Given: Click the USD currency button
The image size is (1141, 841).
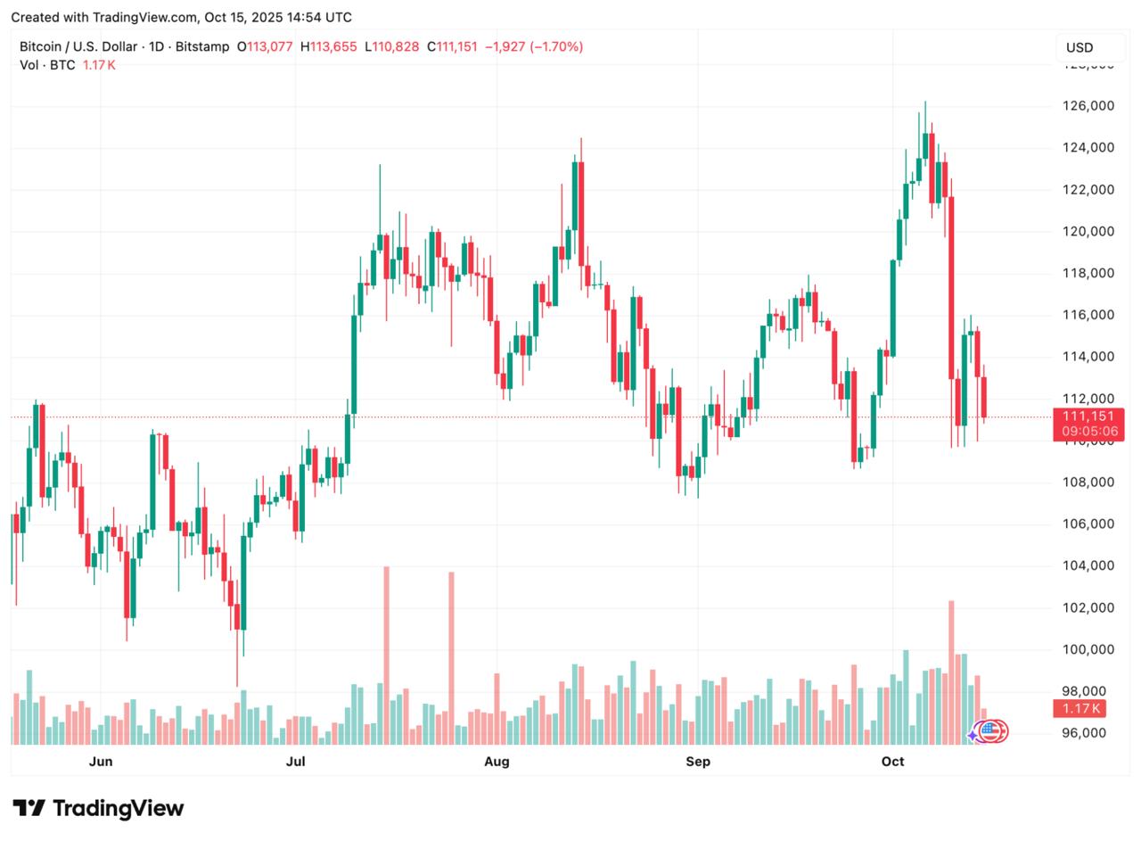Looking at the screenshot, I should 1079,47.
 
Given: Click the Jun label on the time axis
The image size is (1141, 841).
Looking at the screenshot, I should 101,761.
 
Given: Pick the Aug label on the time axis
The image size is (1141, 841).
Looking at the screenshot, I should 497,761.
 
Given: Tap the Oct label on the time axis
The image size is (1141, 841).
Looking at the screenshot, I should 892,761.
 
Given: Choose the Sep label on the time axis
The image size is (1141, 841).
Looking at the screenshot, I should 698,761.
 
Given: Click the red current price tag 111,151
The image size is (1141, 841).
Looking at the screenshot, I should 1083,416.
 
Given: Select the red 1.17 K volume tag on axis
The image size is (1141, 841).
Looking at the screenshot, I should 1079,709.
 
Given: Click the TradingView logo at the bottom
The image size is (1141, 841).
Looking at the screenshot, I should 98,808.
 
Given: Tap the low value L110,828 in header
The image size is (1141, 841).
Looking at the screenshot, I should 391,46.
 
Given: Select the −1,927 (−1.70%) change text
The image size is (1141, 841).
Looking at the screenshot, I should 533,46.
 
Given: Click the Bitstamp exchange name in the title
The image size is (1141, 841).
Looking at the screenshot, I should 202,46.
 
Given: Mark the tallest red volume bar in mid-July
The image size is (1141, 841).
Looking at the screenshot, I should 386,655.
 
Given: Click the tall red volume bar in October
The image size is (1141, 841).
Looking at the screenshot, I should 951,672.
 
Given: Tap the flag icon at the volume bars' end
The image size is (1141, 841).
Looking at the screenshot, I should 992,731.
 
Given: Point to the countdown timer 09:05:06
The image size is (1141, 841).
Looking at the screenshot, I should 1083,432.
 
